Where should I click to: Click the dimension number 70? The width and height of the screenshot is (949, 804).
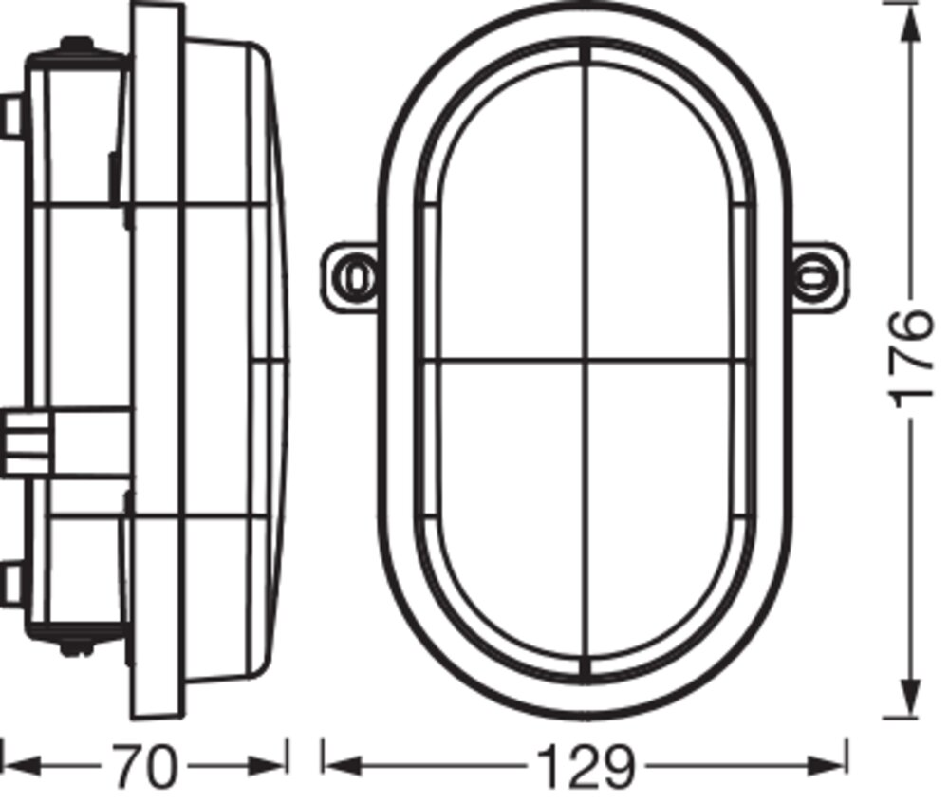(x=144, y=767)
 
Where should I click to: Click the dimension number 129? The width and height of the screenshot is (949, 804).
(x=586, y=767)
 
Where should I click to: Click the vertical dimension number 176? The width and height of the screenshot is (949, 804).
(x=910, y=359)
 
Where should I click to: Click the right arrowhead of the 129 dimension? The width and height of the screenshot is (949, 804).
(x=827, y=766)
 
